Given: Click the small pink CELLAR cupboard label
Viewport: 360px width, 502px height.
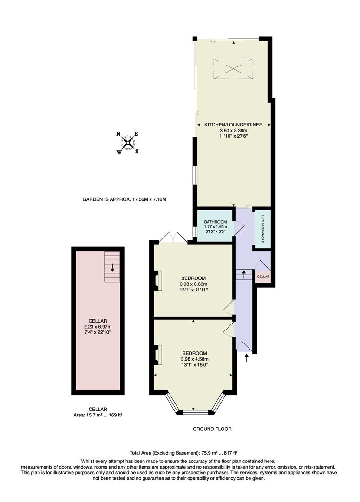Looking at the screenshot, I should coord(263,277).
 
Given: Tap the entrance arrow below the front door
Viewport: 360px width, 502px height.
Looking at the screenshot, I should coord(246,357).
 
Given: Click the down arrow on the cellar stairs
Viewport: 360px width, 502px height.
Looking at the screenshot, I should coord(112,267).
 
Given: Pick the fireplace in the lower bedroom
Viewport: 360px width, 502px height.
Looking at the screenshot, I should coord(157,355).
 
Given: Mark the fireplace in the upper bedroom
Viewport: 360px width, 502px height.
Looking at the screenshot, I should coord(157,280).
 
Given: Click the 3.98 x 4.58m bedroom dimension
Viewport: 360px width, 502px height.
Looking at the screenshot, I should coord(194,359).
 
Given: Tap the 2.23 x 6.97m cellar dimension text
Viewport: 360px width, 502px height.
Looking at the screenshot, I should coord(98,326).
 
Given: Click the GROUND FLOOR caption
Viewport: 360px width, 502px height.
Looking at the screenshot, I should coord(212,429).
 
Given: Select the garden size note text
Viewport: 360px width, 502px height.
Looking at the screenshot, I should coord(124,199).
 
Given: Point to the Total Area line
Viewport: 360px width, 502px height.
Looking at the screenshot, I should coord(179,452).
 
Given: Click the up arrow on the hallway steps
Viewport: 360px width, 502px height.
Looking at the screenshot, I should coord(243,274).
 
